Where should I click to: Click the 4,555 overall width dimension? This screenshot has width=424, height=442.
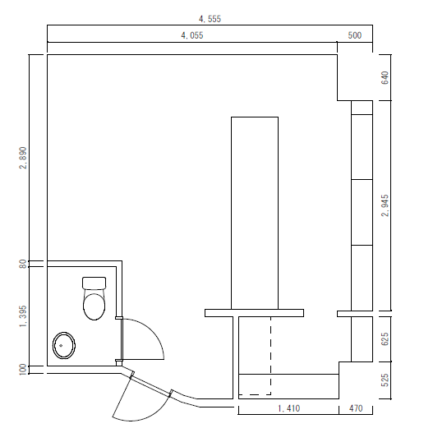click(210, 19)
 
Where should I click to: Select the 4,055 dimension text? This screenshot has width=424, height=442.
click(192, 35)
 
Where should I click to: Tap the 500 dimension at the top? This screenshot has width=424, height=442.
click(354, 35)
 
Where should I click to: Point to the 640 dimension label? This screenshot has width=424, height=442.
click(385, 77)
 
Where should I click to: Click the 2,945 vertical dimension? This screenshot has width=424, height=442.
click(385, 205)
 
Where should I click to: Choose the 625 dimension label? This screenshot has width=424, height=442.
click(385, 338)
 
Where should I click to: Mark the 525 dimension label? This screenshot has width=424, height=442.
click(385, 380)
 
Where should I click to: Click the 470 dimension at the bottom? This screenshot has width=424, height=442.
click(356, 408)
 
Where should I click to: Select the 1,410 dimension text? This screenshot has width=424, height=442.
click(289, 408)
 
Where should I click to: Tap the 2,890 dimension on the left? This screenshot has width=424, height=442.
click(23, 158)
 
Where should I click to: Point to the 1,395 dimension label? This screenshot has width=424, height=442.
click(23, 316)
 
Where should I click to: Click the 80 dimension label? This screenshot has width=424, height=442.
click(23, 264)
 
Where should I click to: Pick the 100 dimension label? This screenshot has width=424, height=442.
click(23, 370)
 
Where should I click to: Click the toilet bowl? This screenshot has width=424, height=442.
click(94, 306)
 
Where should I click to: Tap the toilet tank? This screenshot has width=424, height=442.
click(94, 283)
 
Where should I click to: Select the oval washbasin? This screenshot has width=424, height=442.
click(64, 345)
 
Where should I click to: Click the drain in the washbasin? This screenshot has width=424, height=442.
click(61, 345)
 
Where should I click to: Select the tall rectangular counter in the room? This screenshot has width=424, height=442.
click(255, 213)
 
